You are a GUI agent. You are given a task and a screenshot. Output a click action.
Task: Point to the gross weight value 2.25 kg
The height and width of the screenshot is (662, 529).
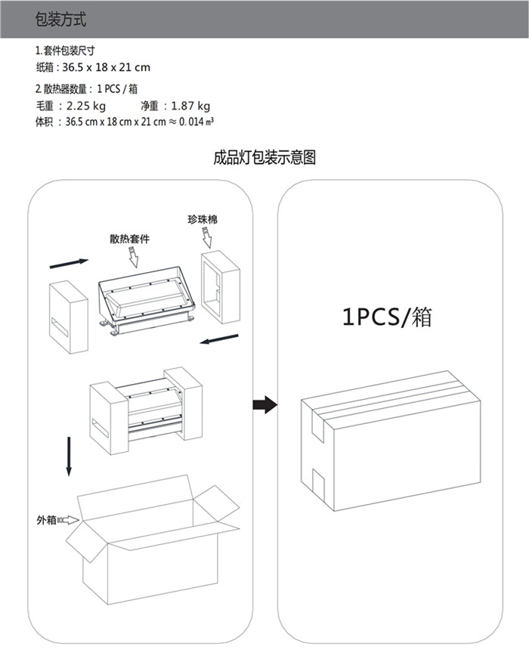(87, 106)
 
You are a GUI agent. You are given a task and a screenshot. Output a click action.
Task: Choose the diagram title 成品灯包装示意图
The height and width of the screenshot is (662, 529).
(264, 157)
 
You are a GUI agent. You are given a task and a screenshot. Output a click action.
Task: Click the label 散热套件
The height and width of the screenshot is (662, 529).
(129, 239)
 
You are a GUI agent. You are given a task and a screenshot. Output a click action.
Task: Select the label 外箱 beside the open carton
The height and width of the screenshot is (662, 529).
(45, 520)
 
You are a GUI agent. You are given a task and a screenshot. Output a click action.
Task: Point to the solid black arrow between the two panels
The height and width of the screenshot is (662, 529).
(264, 405)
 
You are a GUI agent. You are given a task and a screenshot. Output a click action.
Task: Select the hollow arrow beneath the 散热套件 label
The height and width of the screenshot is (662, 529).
(134, 258)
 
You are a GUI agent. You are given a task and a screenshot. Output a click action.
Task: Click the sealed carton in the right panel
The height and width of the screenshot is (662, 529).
(391, 442)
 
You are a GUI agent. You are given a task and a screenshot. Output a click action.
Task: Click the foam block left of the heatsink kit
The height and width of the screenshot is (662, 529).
(70, 317)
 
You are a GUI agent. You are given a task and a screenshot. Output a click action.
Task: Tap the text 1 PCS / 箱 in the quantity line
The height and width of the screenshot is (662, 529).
(117, 89)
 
